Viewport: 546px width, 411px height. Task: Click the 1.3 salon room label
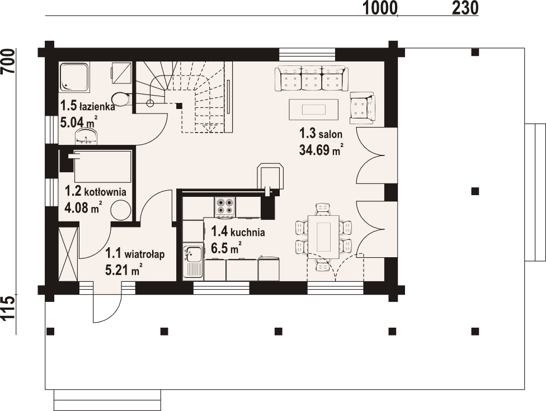321,134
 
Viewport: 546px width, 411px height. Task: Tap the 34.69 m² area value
321,150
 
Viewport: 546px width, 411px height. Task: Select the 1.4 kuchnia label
238,232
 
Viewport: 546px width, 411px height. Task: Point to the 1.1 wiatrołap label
135,254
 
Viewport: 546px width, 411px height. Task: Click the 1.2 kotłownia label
96,191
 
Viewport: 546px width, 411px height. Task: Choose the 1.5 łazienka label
87,106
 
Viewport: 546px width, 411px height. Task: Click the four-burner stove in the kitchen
225,205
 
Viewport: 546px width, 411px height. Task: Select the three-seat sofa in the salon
312,78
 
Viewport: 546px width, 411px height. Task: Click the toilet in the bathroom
121,99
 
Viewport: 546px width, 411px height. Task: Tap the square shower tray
74,77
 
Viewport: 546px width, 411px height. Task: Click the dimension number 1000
380,8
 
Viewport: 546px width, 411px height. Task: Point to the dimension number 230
465,8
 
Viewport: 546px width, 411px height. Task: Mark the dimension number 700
8,62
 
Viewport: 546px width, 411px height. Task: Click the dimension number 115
8,308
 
